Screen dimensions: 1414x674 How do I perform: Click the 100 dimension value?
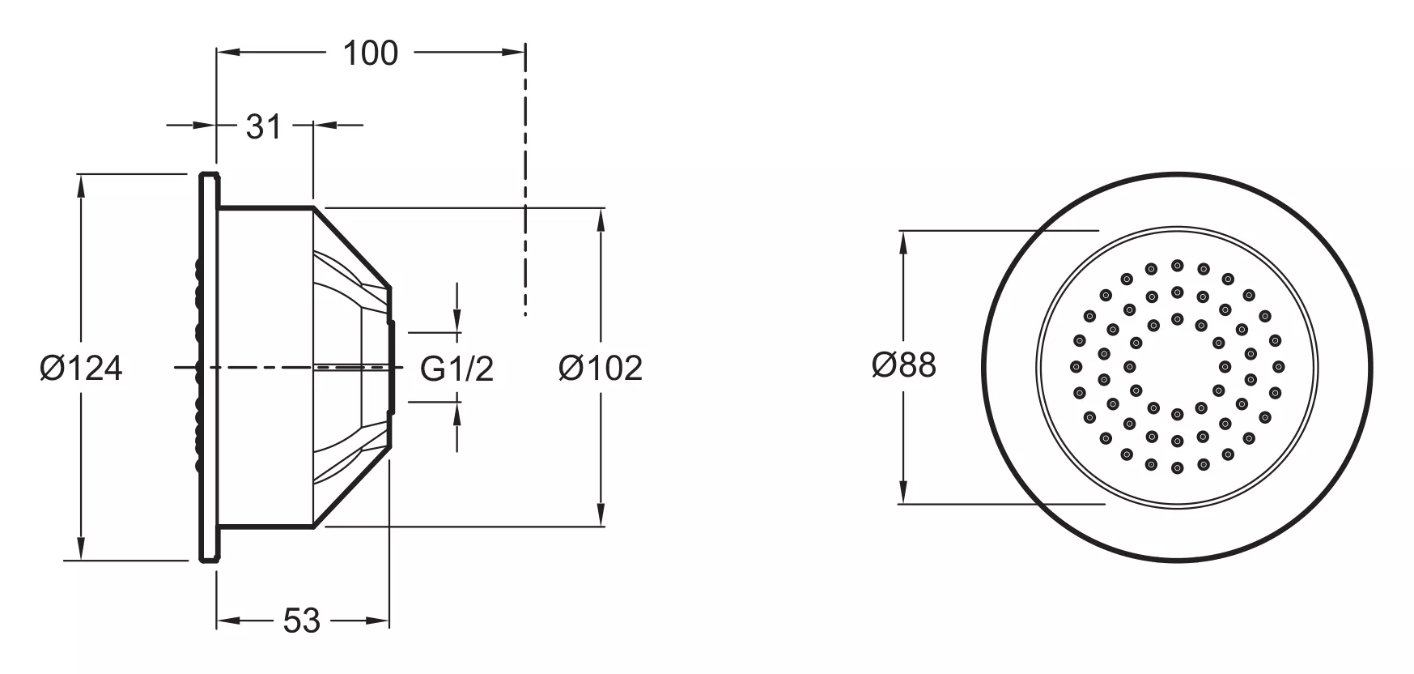coord(371,53)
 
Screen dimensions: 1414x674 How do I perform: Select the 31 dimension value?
coord(263,126)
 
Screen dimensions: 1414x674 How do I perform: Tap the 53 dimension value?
coord(302,621)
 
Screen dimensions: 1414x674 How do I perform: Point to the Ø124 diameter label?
coord(81,369)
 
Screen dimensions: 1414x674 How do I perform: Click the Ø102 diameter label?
coord(601,369)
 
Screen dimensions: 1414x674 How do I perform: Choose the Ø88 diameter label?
coord(904,365)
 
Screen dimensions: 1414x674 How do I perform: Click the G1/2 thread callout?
coord(456,369)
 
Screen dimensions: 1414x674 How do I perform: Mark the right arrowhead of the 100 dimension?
coord(513,53)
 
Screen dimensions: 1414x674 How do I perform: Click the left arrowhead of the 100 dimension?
coord(229,53)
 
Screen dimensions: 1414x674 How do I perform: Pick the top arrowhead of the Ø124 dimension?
coord(80,186)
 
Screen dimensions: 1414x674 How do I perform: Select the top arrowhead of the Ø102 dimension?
coord(600,221)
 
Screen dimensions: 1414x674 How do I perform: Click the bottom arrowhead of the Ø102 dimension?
coord(600,514)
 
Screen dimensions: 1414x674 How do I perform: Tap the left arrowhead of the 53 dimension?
coord(229,621)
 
